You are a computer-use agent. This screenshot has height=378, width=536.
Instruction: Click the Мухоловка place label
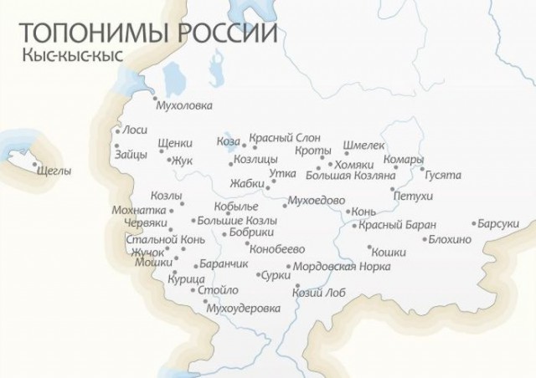(185, 105)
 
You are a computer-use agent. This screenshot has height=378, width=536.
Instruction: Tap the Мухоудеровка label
(247, 308)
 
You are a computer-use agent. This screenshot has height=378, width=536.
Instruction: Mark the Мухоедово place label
(316, 201)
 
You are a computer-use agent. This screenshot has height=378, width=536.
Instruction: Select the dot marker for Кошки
(369, 248)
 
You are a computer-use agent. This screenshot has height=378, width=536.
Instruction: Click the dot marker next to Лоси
(117, 131)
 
